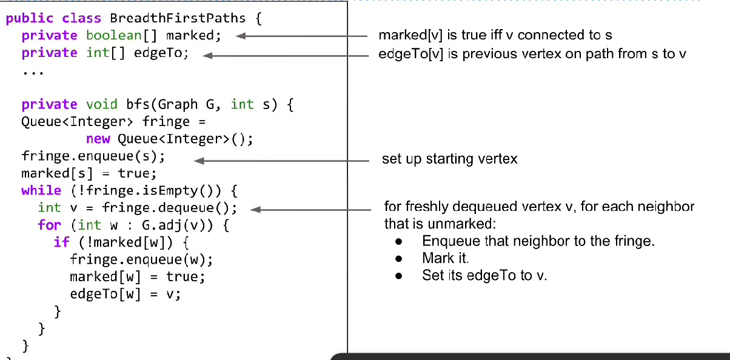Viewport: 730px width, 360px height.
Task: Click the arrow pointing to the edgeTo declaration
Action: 285,56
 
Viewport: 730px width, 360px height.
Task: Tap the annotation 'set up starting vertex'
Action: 449,159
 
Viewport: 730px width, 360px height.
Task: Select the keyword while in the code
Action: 41,190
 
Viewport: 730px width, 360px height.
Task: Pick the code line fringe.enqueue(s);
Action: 93,156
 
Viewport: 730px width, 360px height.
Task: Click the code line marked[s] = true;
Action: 89,173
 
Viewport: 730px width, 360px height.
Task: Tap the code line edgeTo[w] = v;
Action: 126,294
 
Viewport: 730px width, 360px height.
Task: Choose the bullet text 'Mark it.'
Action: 446,258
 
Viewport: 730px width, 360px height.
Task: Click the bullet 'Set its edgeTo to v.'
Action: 484,275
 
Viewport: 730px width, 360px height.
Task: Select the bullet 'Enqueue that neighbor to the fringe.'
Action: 538,241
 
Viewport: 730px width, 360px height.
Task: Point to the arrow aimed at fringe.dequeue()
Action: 310,210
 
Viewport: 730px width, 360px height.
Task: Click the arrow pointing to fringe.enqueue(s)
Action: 281,161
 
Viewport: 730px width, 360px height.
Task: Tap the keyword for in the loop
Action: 49,225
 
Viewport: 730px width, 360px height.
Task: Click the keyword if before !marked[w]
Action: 61,242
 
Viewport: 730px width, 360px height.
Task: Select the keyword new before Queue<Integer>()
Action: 98,139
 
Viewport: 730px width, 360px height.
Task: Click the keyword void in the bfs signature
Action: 102,104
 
